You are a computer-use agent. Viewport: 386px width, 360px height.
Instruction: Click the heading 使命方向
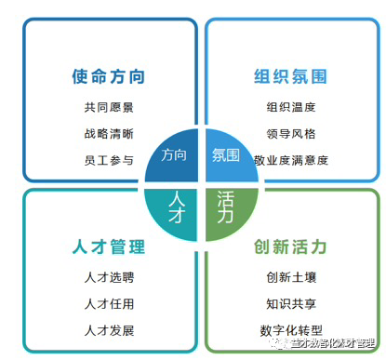coord(109,76)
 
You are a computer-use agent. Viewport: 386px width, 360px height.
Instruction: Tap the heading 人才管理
coord(109,247)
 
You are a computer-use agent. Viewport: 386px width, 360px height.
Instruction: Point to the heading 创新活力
coord(290,247)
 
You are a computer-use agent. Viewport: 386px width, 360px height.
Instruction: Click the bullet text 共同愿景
coord(109,107)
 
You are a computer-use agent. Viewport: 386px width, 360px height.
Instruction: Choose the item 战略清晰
coord(109,133)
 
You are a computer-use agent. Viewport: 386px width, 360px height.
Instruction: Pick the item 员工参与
coord(109,160)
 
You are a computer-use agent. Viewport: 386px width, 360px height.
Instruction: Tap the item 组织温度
coord(290,107)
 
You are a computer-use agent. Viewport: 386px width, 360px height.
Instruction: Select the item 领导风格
coord(290,133)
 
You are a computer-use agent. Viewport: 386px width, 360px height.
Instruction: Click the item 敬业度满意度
coord(290,160)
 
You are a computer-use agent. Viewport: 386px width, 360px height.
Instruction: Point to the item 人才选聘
coord(109,277)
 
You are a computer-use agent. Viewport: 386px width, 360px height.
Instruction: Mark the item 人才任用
coord(109,303)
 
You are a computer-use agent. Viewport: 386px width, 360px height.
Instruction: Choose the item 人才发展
coord(109,330)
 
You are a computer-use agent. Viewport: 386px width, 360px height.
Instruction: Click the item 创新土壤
coord(290,277)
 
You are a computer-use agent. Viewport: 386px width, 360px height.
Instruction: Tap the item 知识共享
coord(290,303)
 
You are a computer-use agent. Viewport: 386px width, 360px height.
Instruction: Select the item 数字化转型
coord(290,330)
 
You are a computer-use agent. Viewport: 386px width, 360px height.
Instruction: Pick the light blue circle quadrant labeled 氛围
coord(226,155)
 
